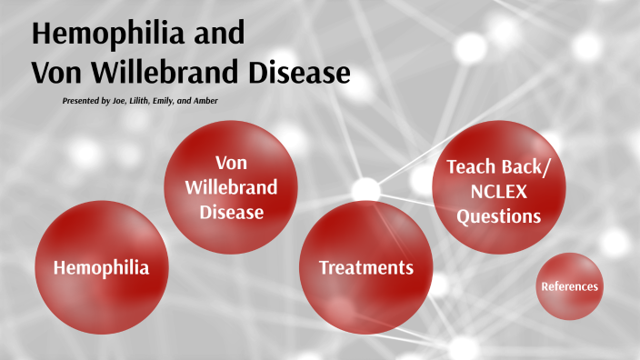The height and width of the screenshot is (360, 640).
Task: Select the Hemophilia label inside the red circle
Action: point(101,267)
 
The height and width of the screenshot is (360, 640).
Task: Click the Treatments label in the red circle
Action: point(366,267)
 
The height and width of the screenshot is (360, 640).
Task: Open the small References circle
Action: point(569,286)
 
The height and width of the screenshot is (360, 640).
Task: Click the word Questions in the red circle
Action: point(499,216)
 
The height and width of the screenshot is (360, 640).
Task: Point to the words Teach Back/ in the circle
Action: point(499,167)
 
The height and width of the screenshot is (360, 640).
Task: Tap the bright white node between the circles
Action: point(365,189)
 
